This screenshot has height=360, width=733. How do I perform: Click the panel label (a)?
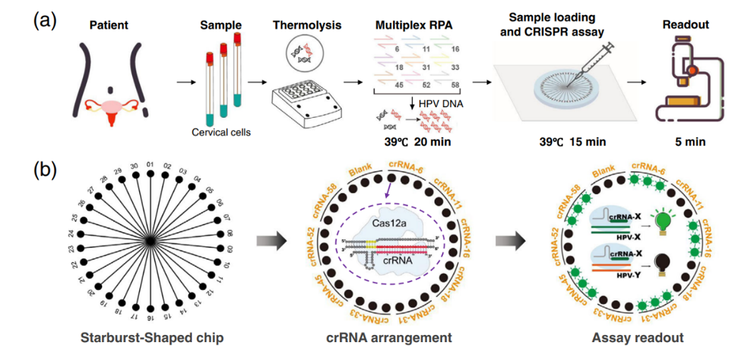coord(44,20)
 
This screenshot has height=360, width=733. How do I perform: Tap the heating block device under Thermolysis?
coord(304,106)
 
